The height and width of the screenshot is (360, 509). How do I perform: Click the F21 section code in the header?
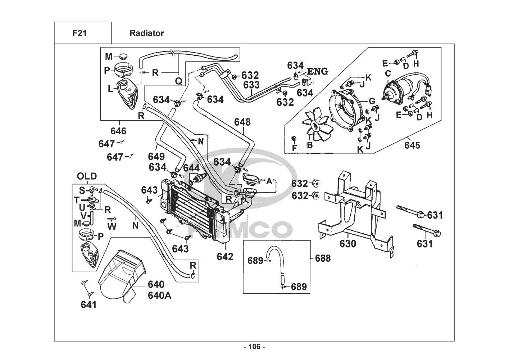tap(79, 33)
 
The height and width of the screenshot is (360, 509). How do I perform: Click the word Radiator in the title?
tap(146, 33)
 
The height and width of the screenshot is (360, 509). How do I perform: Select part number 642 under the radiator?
tap(225, 257)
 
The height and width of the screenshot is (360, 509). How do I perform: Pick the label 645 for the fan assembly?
tap(412, 145)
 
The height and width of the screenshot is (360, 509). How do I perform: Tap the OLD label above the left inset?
tap(87, 176)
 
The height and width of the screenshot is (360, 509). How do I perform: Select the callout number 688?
tap(323, 258)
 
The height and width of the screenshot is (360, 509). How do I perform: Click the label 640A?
tap(159, 296)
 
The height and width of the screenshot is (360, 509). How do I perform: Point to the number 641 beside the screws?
tap(88, 305)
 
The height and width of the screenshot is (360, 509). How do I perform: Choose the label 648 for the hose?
tap(242, 122)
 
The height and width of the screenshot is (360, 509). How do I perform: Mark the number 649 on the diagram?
tap(156, 157)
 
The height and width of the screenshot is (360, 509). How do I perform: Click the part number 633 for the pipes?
tap(251, 85)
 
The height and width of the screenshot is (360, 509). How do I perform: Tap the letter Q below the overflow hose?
tap(178, 82)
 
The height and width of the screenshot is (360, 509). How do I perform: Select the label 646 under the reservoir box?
tap(118, 131)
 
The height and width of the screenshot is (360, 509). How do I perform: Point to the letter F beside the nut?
tap(295, 148)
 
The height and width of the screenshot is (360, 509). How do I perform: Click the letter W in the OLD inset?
tap(112, 226)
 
